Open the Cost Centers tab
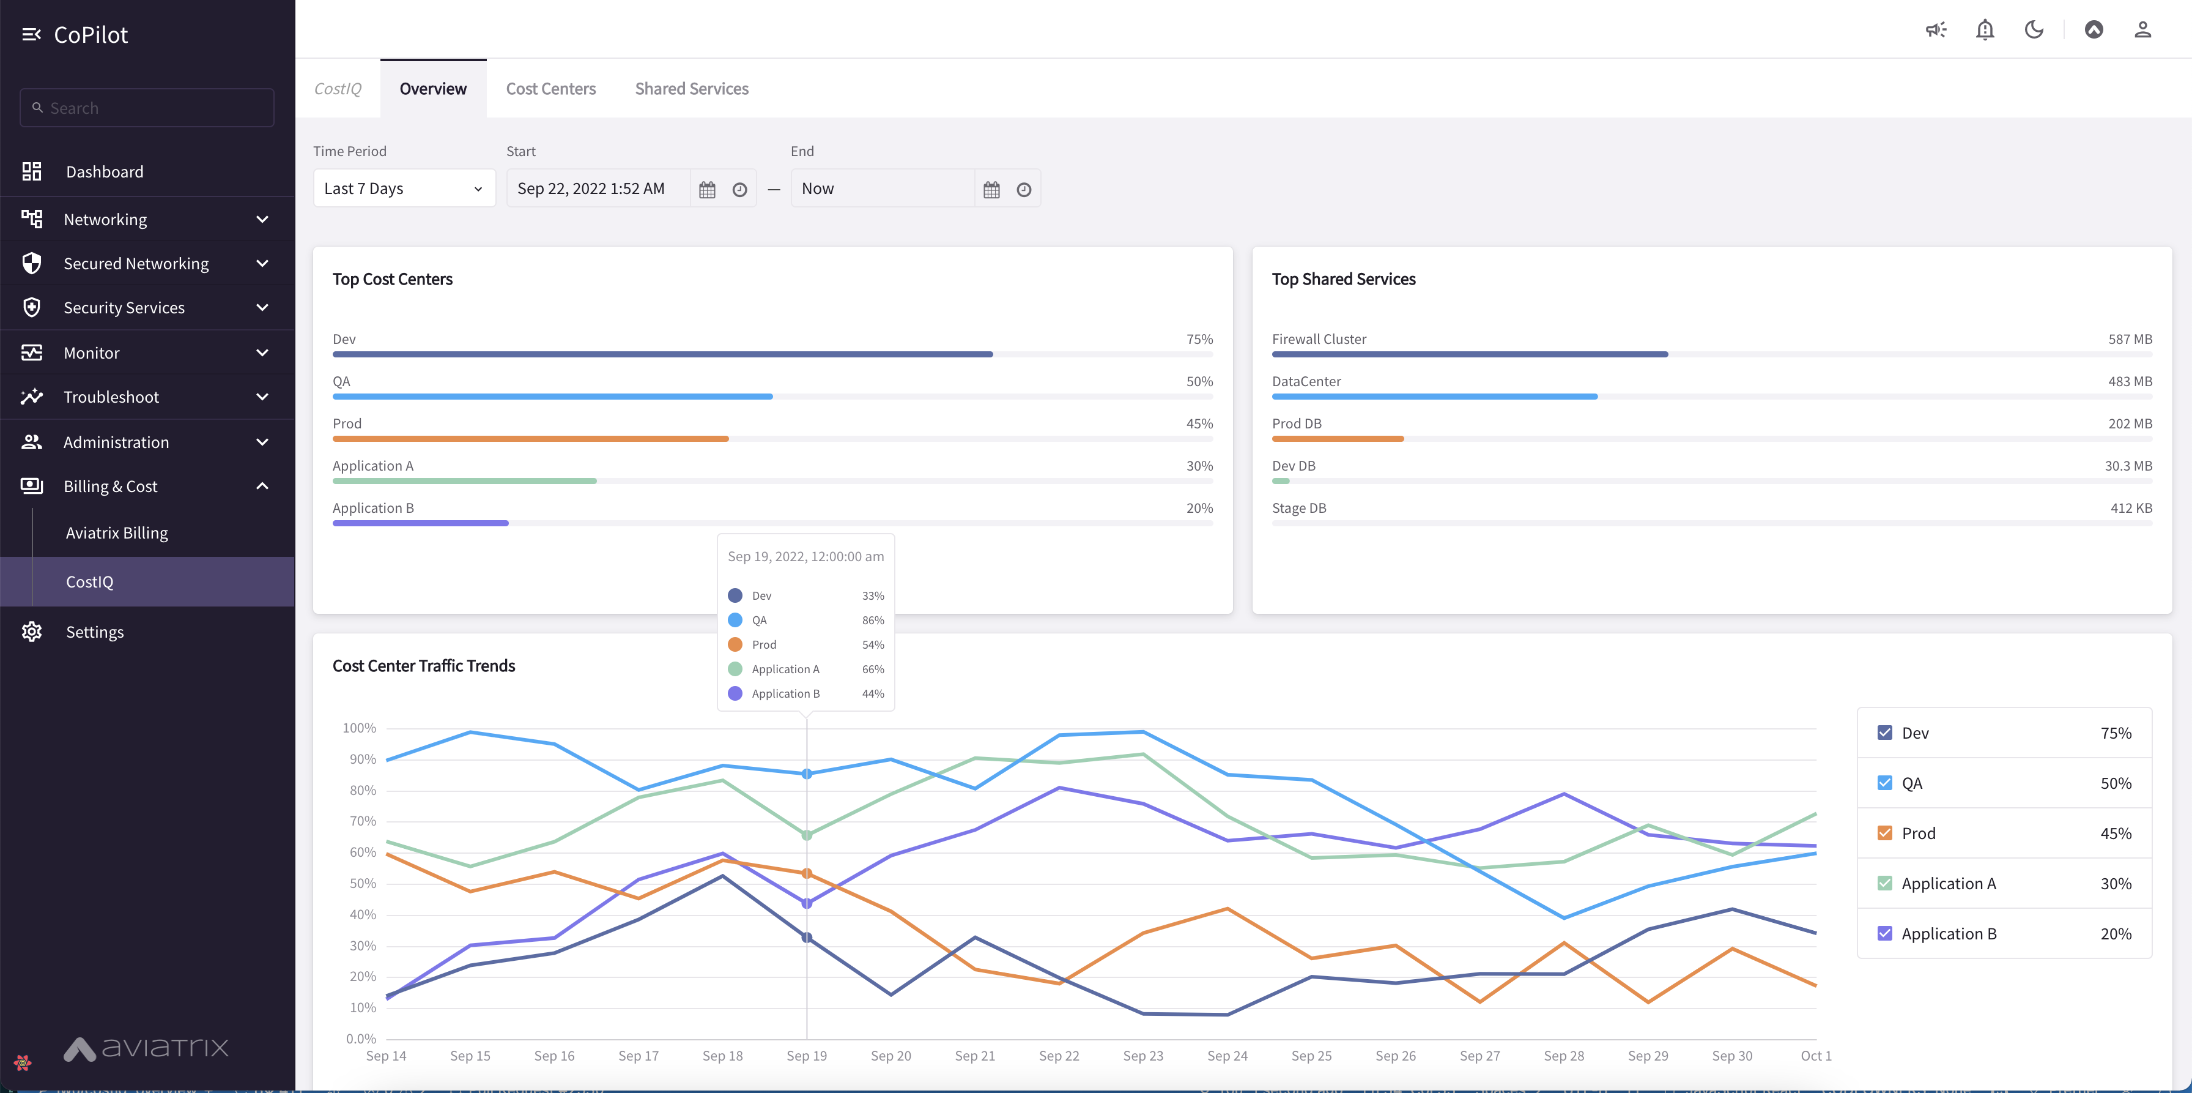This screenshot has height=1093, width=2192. pyautogui.click(x=550, y=89)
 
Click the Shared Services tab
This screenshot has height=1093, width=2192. pyautogui.click(x=691, y=89)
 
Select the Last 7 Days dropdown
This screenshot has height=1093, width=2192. pyautogui.click(x=403, y=188)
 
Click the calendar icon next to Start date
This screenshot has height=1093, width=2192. pyautogui.click(x=707, y=189)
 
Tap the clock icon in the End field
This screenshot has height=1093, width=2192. pyautogui.click(x=1024, y=189)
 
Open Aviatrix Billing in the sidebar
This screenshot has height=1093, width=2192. pyautogui.click(x=117, y=533)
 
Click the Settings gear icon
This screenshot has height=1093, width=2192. pyautogui.click(x=31, y=632)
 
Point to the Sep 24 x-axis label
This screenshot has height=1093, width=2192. pyautogui.click(x=1226, y=1056)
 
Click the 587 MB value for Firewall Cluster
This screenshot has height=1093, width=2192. pyautogui.click(x=2129, y=339)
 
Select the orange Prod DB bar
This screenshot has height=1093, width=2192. pyautogui.click(x=1337, y=438)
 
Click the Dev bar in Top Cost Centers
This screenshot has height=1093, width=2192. pyautogui.click(x=662, y=354)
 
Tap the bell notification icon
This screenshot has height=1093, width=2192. pyautogui.click(x=1985, y=31)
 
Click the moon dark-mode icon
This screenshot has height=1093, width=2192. pyautogui.click(x=2034, y=31)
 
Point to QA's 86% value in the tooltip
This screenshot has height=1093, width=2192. pyautogui.click(x=872, y=621)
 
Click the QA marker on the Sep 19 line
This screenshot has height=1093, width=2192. pyautogui.click(x=807, y=774)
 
